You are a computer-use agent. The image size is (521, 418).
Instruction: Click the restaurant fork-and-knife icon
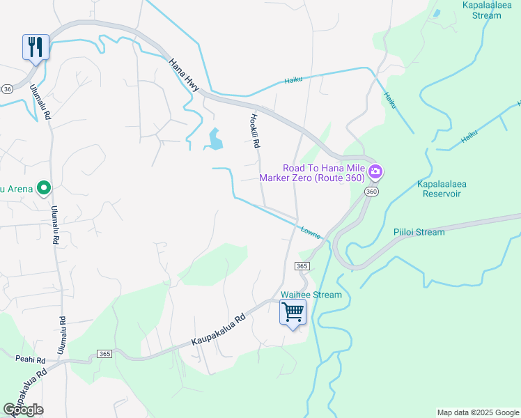coord(36,47)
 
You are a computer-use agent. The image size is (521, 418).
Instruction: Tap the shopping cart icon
coord(293,313)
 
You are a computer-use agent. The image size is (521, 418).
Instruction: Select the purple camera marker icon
coord(376,171)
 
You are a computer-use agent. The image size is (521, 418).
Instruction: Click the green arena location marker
coord(44,187)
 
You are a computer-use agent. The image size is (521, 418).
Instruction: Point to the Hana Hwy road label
coord(184,73)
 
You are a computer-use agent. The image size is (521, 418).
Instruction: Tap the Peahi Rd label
coord(30,359)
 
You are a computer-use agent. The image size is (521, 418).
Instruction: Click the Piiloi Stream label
coord(419,232)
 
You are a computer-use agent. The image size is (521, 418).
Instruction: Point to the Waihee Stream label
coord(311,295)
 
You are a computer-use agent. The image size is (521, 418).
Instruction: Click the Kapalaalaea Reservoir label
coord(441,189)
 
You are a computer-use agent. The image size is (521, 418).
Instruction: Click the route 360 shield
coord(371,192)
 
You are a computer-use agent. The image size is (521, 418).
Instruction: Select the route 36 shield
coord(7,89)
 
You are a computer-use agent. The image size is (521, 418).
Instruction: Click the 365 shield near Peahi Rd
coord(105,353)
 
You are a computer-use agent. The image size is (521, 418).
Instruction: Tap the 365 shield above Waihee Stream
coord(302,266)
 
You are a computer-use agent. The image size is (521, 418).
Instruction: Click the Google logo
coord(23,410)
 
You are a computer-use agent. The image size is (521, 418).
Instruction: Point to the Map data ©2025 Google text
coord(477,412)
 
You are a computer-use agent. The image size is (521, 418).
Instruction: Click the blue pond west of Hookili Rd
coord(214,139)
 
